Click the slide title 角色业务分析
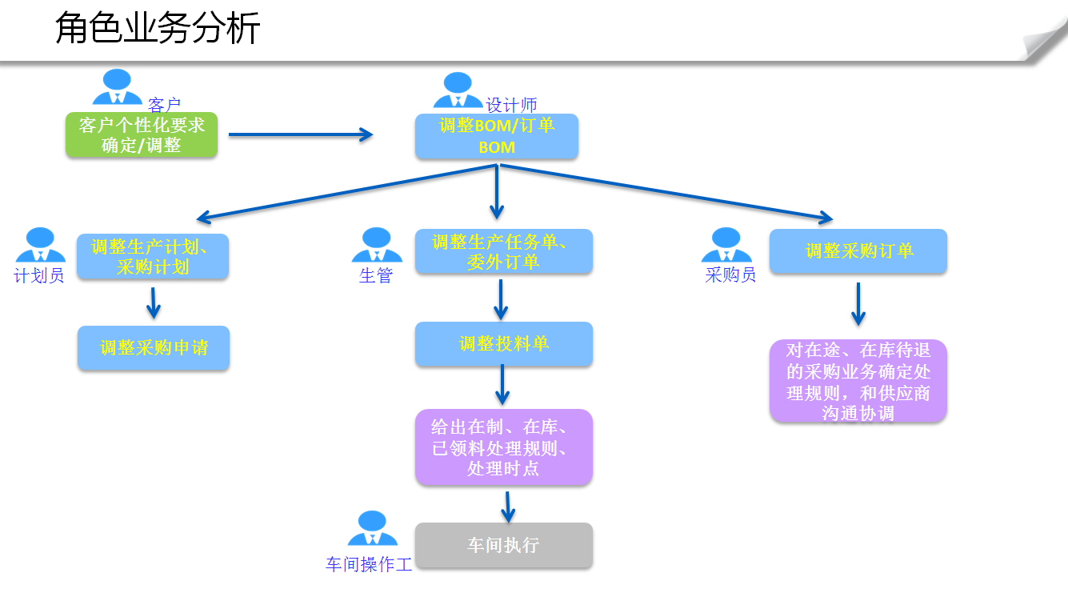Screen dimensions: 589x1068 pyautogui.click(x=158, y=30)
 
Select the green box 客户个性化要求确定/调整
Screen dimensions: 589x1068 pyautogui.click(x=142, y=135)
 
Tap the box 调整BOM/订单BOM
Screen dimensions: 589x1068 pyautogui.click(x=497, y=137)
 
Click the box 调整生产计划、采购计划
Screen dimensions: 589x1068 pyautogui.click(x=153, y=257)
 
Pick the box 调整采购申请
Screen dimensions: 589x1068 pyautogui.click(x=154, y=348)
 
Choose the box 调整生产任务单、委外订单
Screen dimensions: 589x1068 pyautogui.click(x=503, y=252)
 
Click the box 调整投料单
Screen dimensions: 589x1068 pyautogui.click(x=503, y=344)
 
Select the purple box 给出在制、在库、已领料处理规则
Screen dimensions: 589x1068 pyautogui.click(x=503, y=447)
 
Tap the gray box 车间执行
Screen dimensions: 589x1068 pyautogui.click(x=503, y=546)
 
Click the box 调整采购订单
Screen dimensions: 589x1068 pyautogui.click(x=858, y=251)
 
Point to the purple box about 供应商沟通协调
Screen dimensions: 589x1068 pyautogui.click(x=858, y=381)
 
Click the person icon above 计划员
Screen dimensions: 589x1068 pyautogui.click(x=40, y=245)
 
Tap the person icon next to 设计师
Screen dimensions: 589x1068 pyautogui.click(x=458, y=90)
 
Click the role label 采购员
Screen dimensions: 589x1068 pyautogui.click(x=730, y=275)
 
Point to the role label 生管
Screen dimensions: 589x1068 pyautogui.click(x=376, y=276)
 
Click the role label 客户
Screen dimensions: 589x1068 pyautogui.click(x=165, y=104)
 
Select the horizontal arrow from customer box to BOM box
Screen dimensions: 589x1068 pyautogui.click(x=301, y=134)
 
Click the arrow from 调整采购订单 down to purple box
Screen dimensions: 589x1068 pyautogui.click(x=858, y=304)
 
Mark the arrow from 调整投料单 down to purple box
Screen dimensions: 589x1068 pyautogui.click(x=502, y=385)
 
